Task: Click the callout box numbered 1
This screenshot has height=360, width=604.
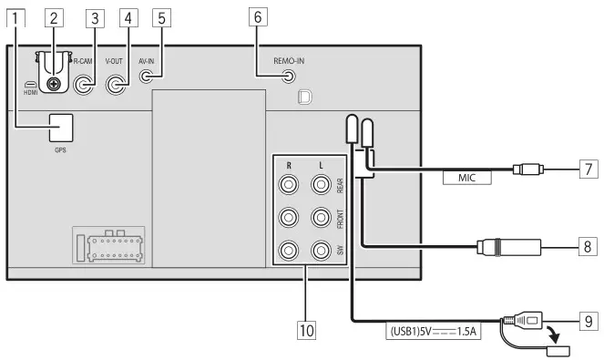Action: pos(15,15)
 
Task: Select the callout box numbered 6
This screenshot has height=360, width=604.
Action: pos(258,15)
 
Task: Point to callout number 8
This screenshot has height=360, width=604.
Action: pos(589,245)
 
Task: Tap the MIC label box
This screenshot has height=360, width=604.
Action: pos(467,179)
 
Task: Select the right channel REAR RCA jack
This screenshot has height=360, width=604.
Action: pos(290,186)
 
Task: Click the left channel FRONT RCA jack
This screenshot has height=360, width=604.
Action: pos(321,219)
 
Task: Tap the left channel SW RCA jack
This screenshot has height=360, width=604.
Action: pos(321,250)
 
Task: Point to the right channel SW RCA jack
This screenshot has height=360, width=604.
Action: pos(290,250)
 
